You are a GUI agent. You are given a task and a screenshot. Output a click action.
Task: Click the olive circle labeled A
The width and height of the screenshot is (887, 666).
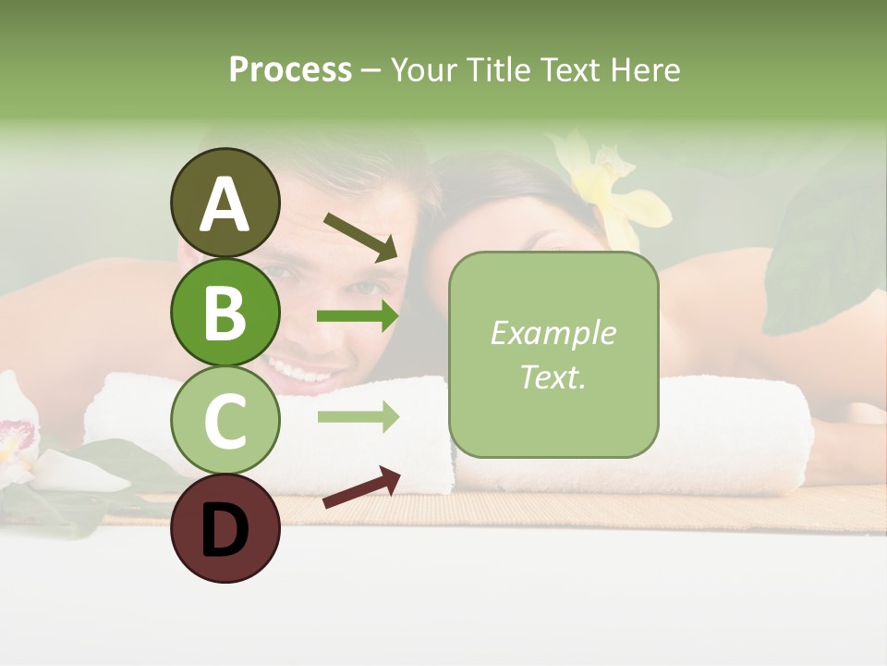click(x=225, y=203)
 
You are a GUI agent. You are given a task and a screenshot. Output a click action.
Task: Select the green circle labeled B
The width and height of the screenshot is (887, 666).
click(x=225, y=312)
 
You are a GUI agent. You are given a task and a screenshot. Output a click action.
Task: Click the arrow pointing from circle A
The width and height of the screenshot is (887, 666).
click(x=360, y=236)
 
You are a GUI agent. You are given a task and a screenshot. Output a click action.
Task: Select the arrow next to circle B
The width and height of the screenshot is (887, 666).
click(x=358, y=316)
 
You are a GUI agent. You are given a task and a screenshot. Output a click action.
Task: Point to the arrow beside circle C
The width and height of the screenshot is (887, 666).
click(x=358, y=417)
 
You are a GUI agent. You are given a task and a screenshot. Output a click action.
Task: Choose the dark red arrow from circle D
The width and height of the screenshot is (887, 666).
click(x=361, y=487)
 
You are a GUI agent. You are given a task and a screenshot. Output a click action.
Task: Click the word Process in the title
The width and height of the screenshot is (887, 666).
click(x=290, y=69)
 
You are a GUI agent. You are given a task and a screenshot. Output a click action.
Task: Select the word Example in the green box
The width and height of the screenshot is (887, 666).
click(x=553, y=333)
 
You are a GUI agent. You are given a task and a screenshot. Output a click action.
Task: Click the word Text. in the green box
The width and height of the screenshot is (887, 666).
click(x=553, y=376)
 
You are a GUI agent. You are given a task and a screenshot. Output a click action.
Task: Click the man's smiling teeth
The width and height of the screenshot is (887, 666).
click(x=302, y=372)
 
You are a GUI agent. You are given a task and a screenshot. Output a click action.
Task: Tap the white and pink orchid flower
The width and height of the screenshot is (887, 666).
click(x=17, y=435)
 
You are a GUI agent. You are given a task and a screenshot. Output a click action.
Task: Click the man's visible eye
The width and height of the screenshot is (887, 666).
click(x=276, y=274)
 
